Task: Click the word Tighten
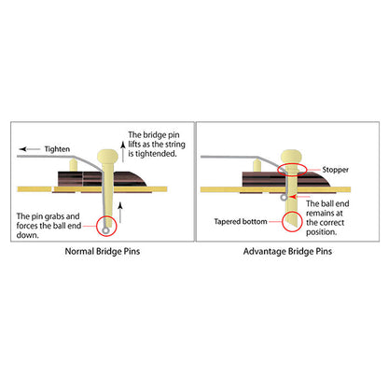[x=57, y=149]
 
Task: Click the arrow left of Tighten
[x=29, y=149]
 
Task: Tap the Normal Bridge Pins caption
[x=103, y=251]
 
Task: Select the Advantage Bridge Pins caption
[x=287, y=251]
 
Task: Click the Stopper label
[x=335, y=170]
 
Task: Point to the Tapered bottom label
[x=241, y=222]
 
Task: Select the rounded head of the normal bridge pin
[x=107, y=156]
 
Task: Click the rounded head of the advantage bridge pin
[x=291, y=156]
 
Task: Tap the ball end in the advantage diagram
[x=284, y=197]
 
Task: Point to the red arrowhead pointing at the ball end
[x=292, y=197]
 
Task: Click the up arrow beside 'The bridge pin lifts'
[x=123, y=151]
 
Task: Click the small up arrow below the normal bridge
[x=120, y=213]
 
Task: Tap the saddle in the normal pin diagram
[x=74, y=165]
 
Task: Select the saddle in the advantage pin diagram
[x=257, y=165]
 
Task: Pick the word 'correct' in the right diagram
[x=332, y=223]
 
